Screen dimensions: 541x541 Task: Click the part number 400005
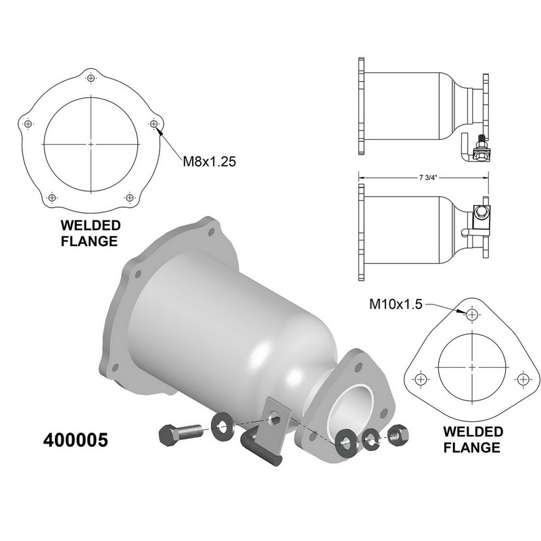tap(76, 440)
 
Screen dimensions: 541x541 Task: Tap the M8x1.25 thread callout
tap(210, 161)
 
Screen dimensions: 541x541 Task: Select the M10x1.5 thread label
tap(396, 304)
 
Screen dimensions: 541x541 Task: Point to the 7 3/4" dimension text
tap(428, 178)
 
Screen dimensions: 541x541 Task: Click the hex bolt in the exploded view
tap(180, 432)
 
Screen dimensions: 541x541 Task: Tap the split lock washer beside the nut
tap(371, 439)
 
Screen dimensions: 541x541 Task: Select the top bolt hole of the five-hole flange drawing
tap(91, 78)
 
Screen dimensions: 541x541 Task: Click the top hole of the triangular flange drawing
tap(471, 314)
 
